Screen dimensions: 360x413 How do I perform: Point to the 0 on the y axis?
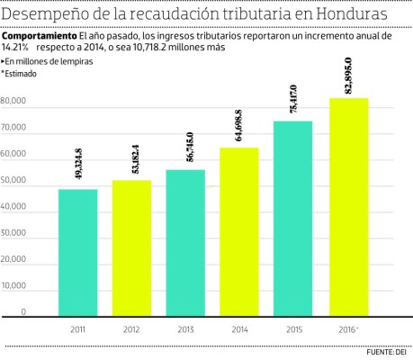coord(23,311)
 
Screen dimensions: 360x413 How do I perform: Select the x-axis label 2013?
coord(185,330)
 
